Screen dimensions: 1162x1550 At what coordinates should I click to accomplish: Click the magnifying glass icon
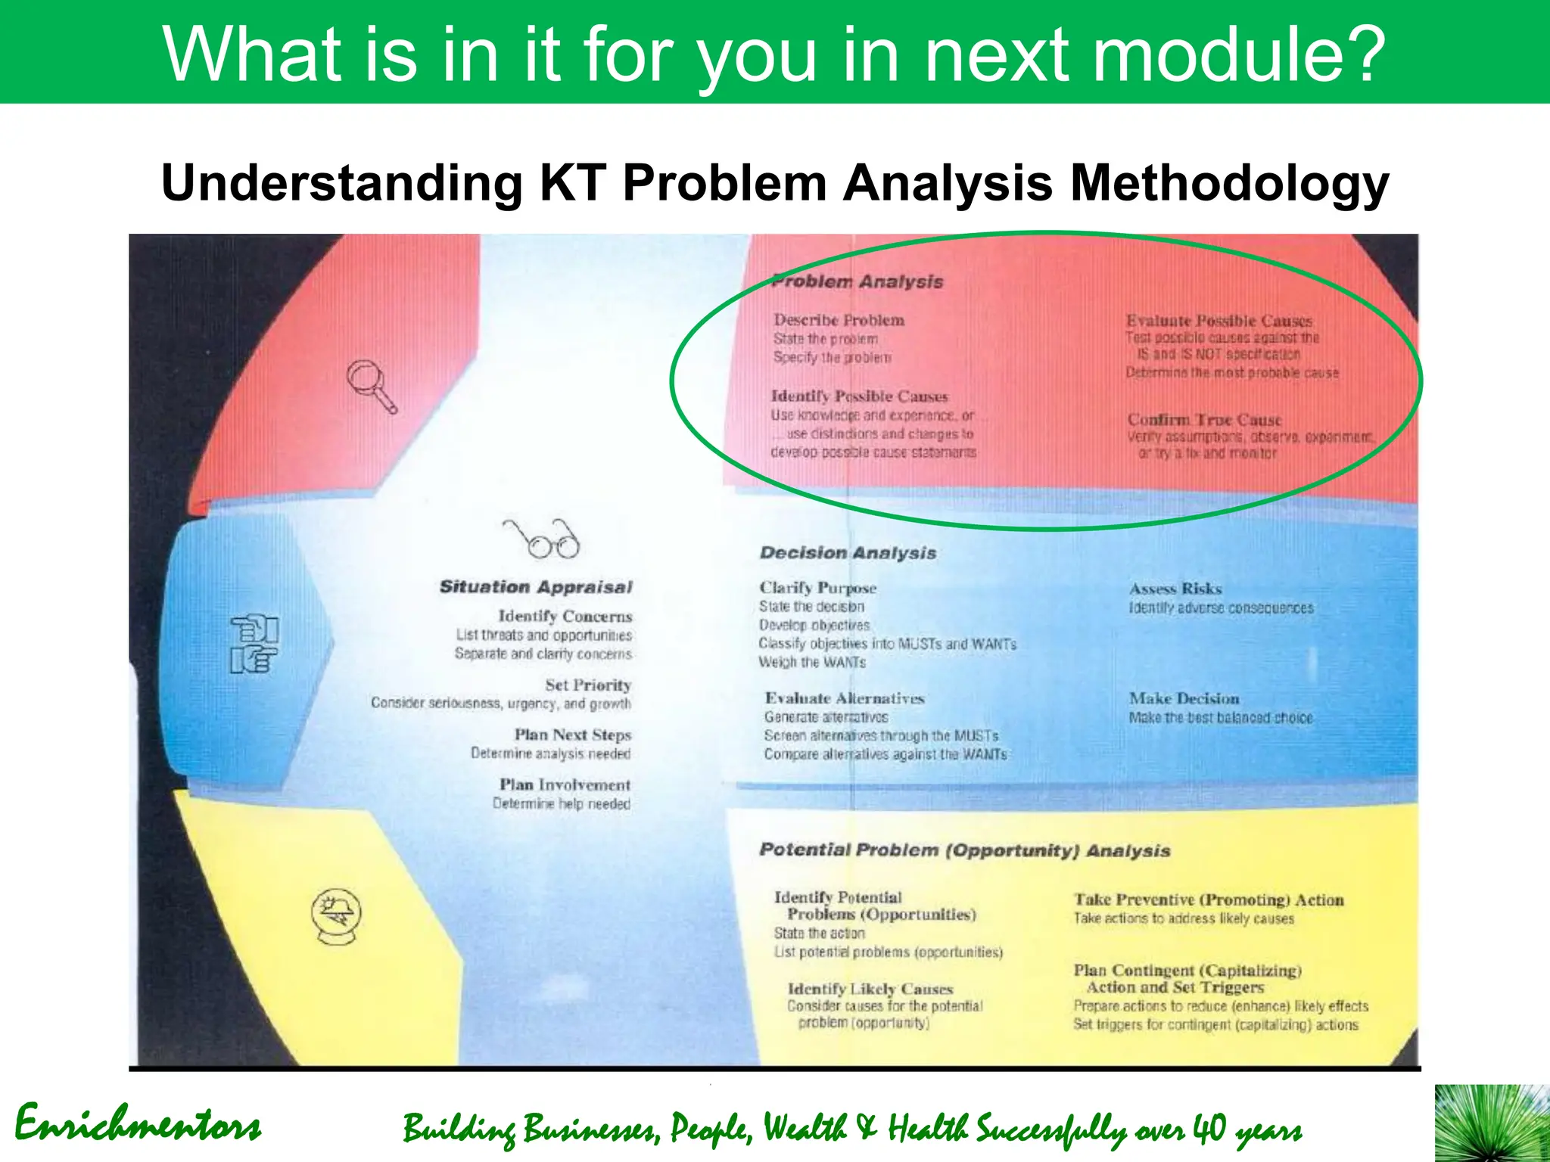coord(372,386)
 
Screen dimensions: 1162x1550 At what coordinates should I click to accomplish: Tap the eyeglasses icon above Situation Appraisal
coord(542,539)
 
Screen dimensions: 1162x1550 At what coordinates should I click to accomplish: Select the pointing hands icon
coord(254,644)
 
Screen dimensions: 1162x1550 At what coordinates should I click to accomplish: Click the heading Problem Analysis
coord(857,281)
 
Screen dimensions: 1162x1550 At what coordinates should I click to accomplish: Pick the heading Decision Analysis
coord(848,553)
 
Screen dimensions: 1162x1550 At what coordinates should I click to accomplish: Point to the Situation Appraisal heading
coord(536,587)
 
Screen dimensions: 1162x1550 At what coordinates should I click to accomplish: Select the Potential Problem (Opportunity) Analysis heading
coord(964,850)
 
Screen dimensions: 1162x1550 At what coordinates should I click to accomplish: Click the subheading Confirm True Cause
coord(1204,420)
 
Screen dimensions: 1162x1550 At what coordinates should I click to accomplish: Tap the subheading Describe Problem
coord(839,320)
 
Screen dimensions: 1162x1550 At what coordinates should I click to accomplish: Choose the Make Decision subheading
coord(1184,698)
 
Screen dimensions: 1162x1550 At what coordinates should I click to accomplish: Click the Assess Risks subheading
coord(1175,589)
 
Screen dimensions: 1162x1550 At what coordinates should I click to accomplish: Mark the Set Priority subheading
coord(588,685)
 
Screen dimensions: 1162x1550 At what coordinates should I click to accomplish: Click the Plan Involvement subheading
coord(565,785)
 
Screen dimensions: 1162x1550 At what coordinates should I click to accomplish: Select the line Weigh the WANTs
coord(812,663)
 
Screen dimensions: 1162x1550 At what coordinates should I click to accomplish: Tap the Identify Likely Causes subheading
coord(870,989)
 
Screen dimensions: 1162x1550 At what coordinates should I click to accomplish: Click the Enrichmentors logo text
coord(138,1125)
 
